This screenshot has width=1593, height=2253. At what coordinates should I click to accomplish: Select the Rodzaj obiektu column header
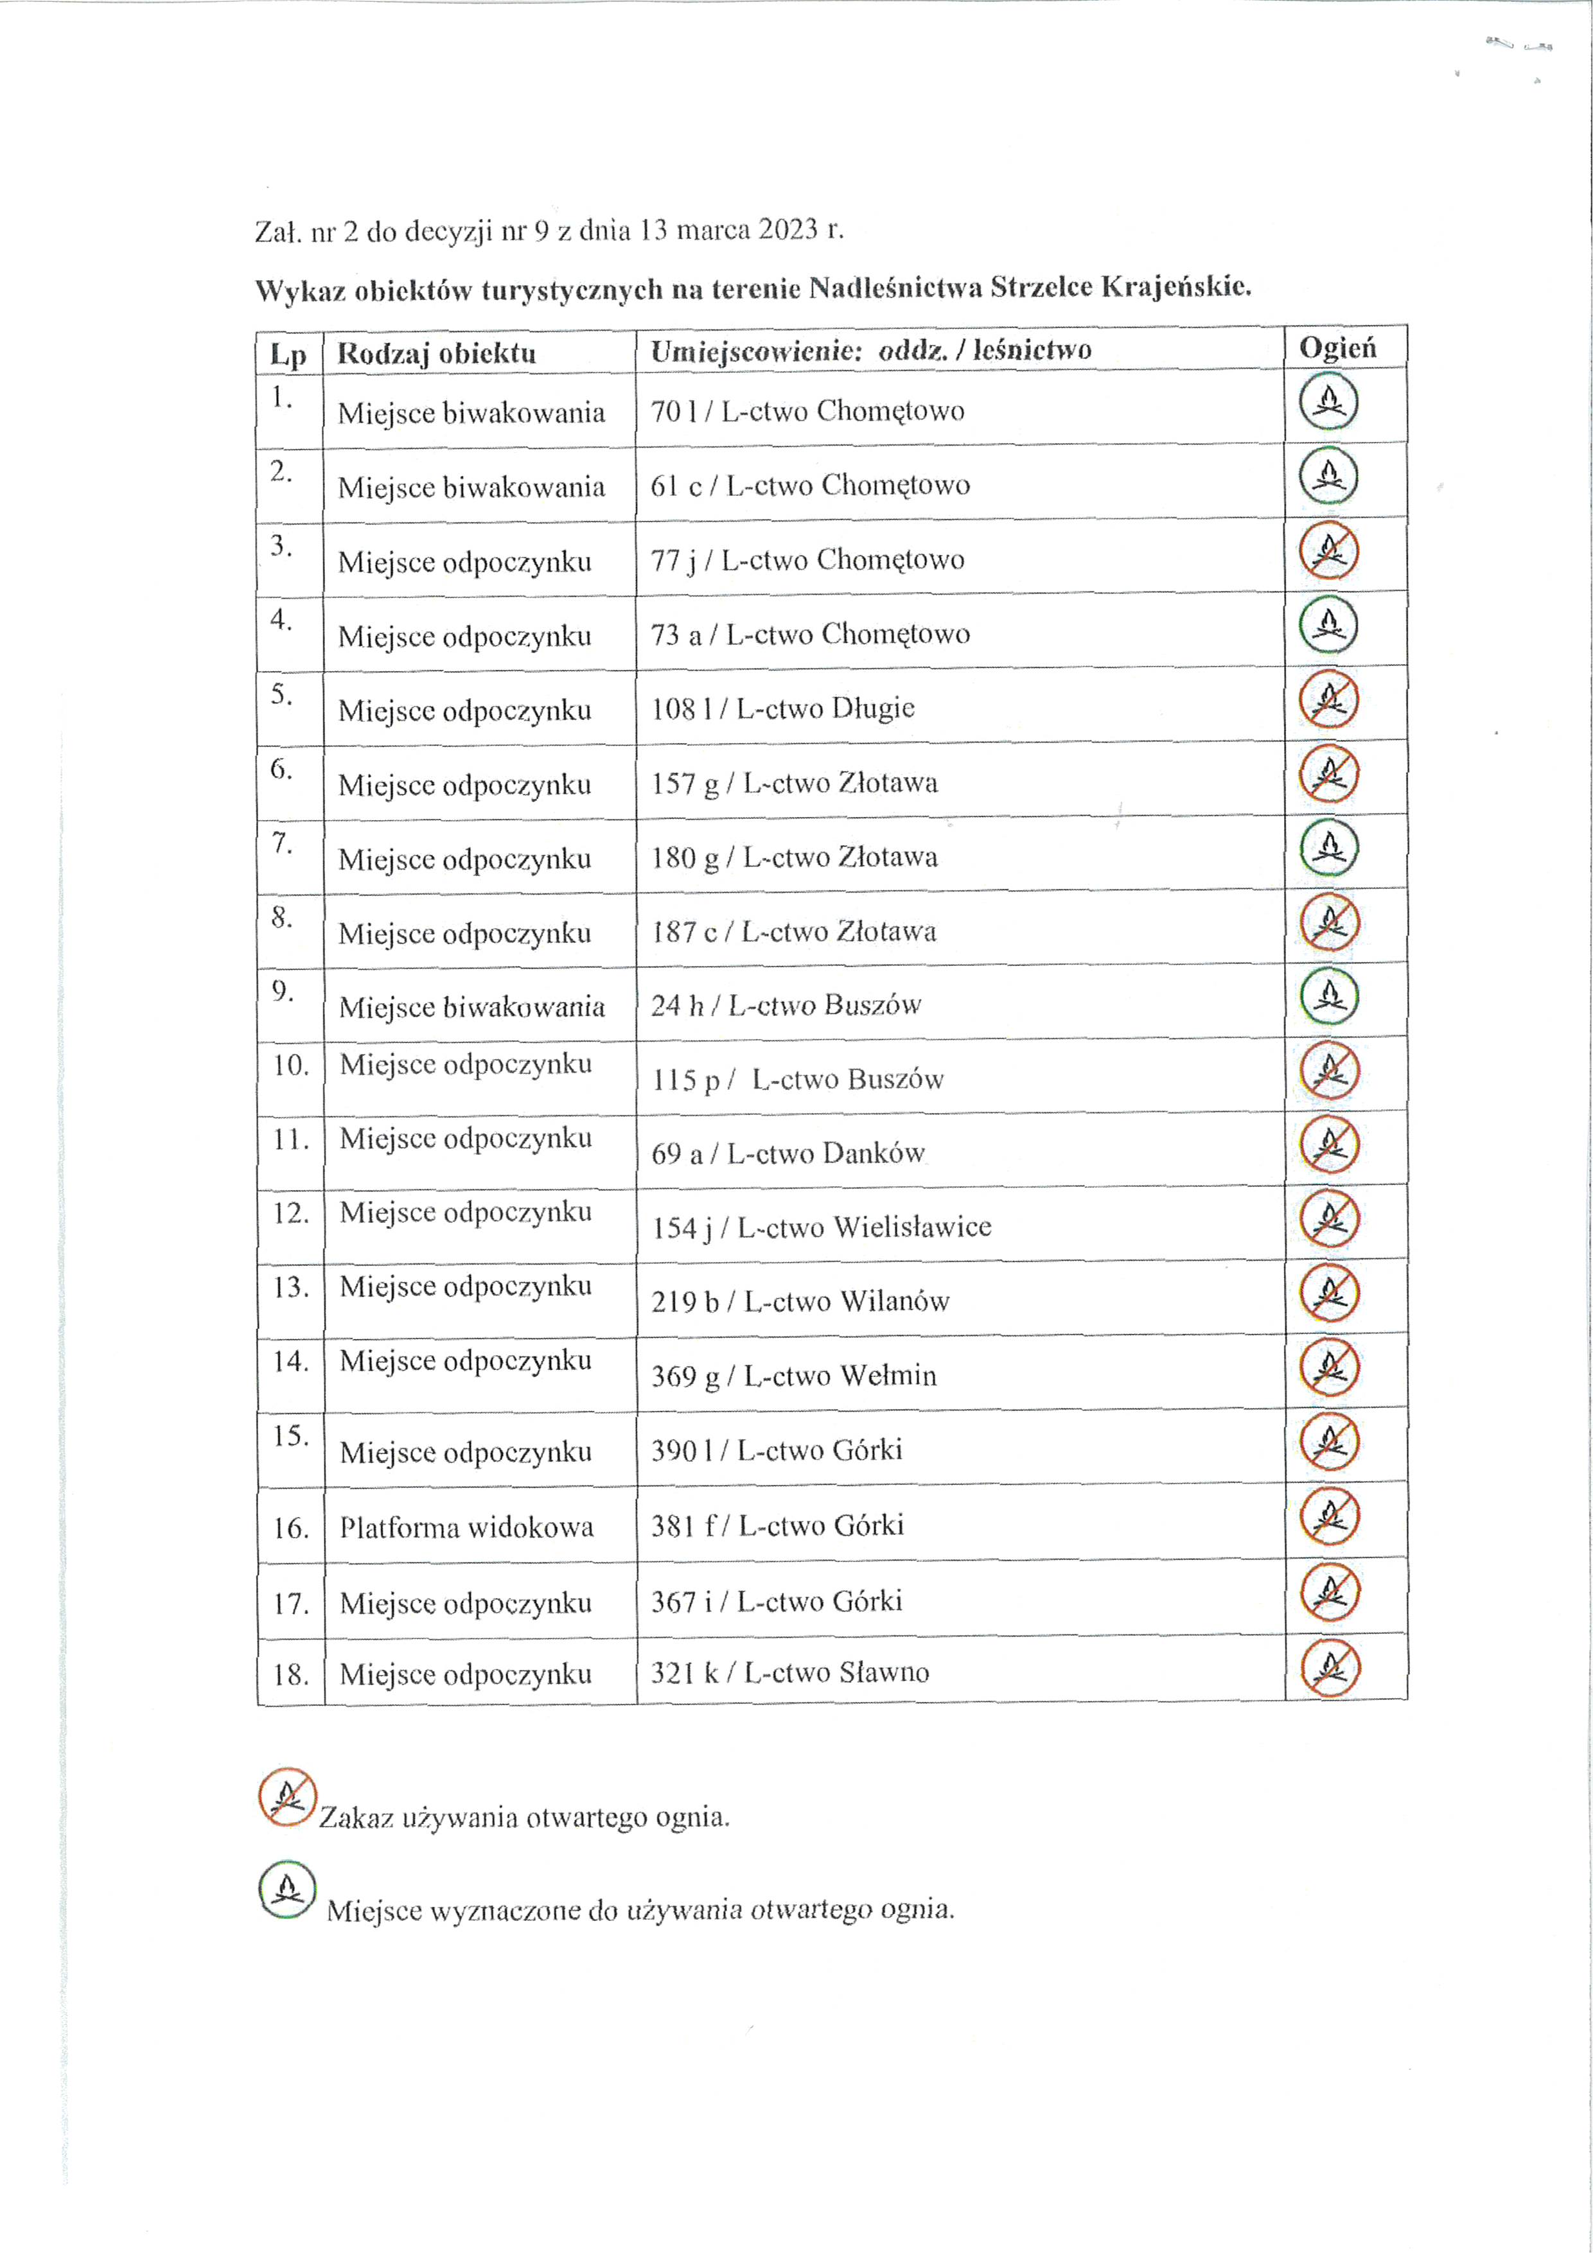coord(437,353)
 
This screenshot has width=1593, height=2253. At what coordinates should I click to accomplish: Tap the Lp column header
coord(288,355)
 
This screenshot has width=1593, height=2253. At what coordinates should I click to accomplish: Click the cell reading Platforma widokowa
coord(466,1527)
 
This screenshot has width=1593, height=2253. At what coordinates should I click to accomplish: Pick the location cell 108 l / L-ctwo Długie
coord(782,708)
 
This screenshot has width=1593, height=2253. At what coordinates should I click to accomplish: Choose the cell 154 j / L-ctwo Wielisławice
coord(820,1227)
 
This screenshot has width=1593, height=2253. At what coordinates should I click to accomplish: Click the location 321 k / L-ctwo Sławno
coord(789,1672)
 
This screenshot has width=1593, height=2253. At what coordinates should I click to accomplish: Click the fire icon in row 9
coord(1329,996)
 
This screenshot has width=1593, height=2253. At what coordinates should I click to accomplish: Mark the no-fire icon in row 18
coord(1330,1667)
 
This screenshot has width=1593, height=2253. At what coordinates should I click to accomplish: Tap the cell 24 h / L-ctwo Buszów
coord(785,1005)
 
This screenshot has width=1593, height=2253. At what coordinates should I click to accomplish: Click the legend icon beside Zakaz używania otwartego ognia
coord(286,1797)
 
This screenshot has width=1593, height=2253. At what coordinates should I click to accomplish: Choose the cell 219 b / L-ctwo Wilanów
coord(800,1301)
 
